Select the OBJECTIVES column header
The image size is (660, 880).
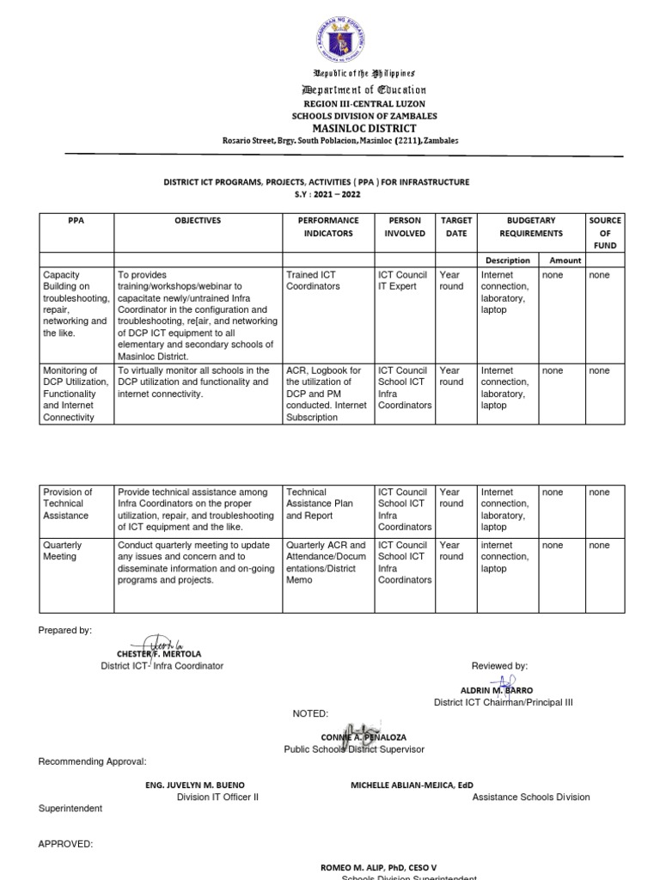[x=198, y=221]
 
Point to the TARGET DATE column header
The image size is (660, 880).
[x=455, y=227]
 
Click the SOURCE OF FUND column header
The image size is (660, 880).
[x=604, y=233]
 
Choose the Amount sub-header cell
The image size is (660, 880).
[x=565, y=260]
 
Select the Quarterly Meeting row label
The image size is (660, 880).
[x=63, y=551]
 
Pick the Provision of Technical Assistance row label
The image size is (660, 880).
[x=68, y=504]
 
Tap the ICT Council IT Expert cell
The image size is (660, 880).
[x=403, y=281]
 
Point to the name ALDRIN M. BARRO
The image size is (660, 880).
[x=496, y=690]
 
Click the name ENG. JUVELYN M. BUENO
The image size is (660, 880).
[x=194, y=785]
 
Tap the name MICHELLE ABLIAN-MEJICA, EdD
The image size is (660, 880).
[x=412, y=785]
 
